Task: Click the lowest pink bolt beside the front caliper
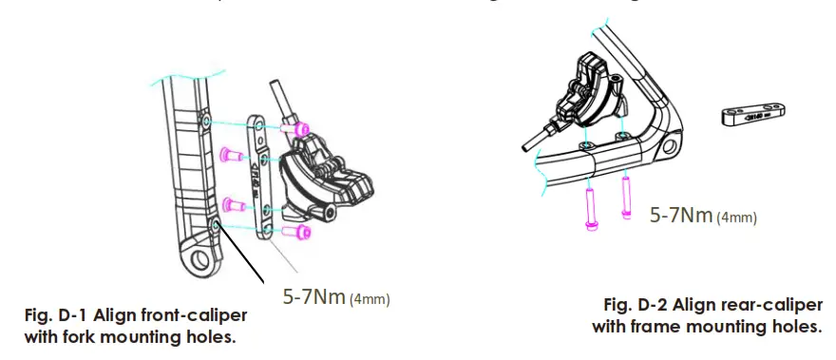[x=300, y=230]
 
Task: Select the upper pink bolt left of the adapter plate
[x=229, y=153]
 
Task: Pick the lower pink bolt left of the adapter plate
[x=229, y=204]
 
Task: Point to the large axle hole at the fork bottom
[x=199, y=259]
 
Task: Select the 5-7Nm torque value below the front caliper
[x=314, y=298]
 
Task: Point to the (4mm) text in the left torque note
[x=370, y=300]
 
